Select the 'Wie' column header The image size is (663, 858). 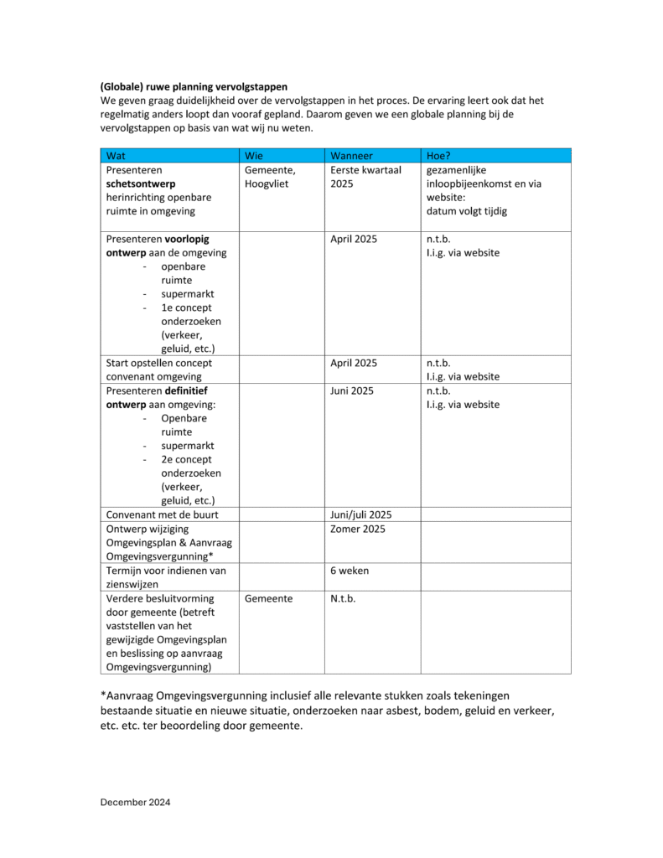(x=255, y=156)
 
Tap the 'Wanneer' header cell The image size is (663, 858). (x=351, y=156)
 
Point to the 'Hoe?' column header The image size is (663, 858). (x=440, y=156)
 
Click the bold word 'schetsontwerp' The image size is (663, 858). (x=141, y=183)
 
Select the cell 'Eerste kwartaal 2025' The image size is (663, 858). (x=365, y=177)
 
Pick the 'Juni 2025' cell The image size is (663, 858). (x=352, y=390)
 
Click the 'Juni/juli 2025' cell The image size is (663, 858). (x=361, y=514)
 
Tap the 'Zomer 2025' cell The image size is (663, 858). (x=356, y=530)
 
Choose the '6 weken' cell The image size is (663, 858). (x=350, y=571)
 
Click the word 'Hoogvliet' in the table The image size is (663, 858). (x=267, y=183)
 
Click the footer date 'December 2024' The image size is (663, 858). (x=135, y=802)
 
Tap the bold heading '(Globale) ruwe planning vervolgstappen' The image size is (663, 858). (x=194, y=86)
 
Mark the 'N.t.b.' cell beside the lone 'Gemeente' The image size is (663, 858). (x=344, y=599)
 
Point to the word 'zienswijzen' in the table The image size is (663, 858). (x=135, y=584)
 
